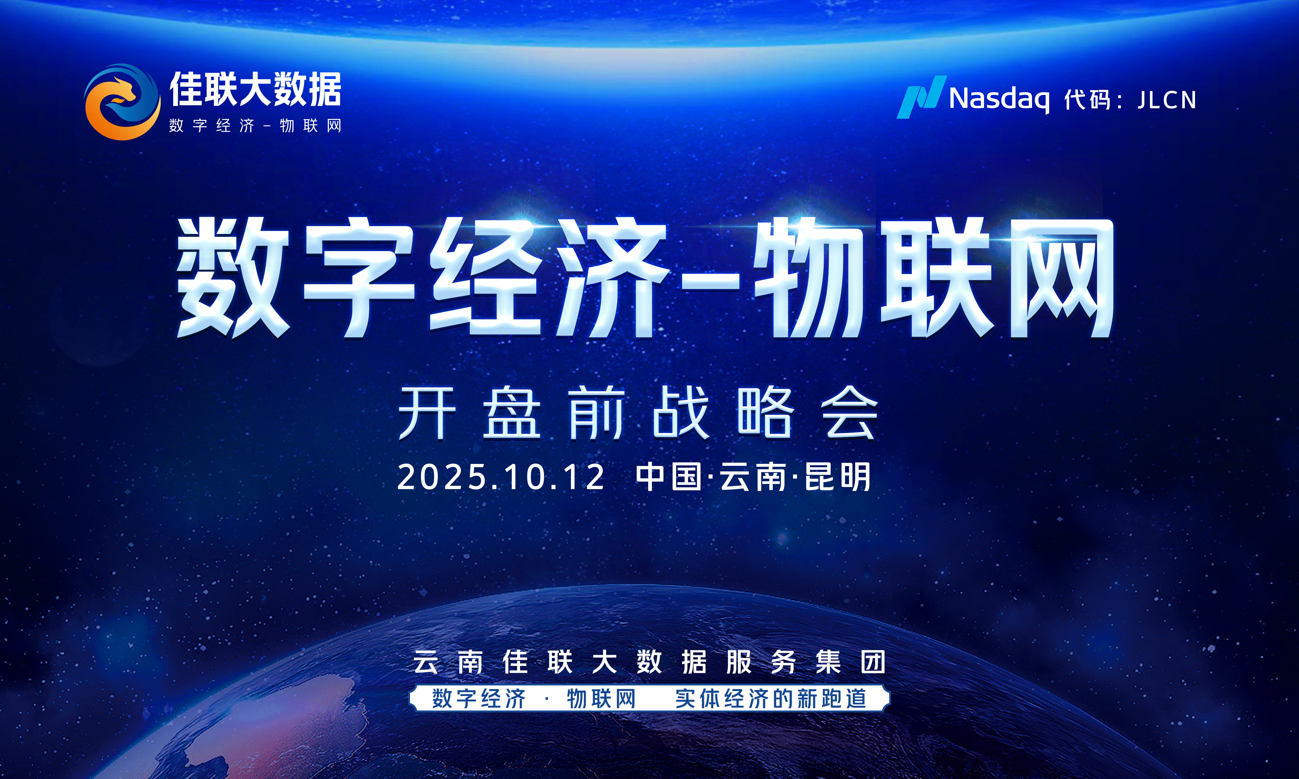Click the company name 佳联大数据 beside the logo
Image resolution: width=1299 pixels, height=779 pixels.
(x=255, y=89)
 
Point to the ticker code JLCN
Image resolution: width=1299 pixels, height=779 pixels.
(x=1167, y=100)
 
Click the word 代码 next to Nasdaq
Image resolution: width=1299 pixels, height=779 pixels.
(x=1087, y=100)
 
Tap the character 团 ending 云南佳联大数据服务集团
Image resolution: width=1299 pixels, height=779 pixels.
(x=873, y=662)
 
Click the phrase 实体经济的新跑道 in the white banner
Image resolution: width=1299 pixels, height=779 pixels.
(x=771, y=699)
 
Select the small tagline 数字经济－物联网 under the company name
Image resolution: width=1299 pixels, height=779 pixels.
(x=255, y=126)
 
